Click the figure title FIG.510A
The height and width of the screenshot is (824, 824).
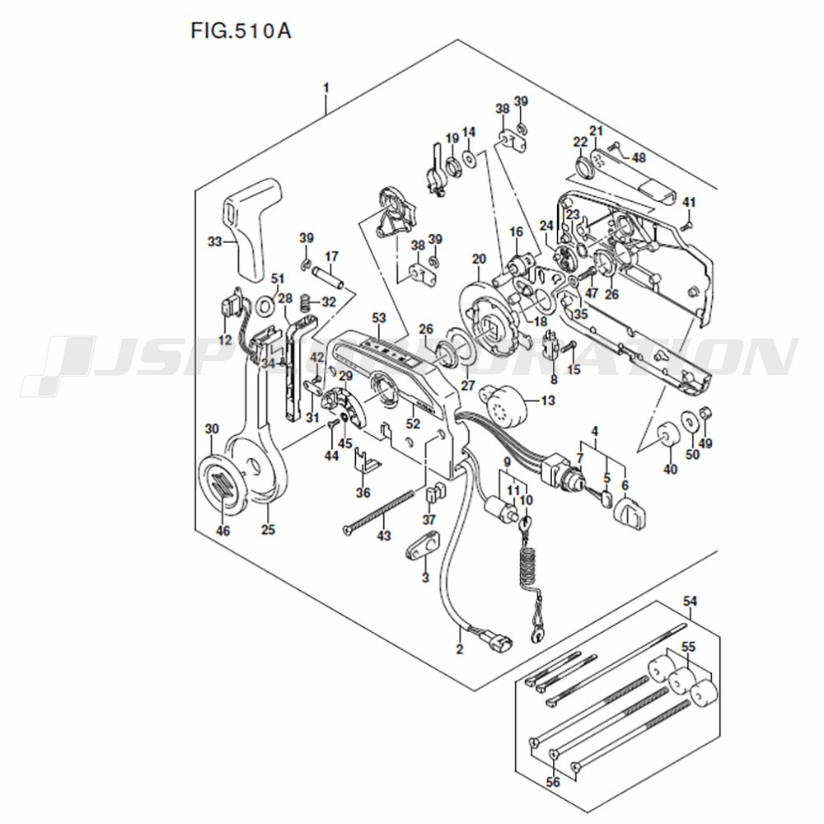coord(241,31)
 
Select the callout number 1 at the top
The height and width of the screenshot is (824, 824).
coord(325,88)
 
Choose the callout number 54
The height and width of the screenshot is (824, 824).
coord(690,600)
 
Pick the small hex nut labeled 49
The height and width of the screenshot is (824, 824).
coord(705,414)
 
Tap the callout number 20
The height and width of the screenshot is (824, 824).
coord(479,259)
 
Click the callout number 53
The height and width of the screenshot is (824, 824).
coord(379,318)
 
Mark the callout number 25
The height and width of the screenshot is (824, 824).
coord(268,530)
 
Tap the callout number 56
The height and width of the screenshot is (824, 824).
coord(553,783)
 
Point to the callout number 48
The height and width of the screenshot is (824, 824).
coord(639,157)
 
